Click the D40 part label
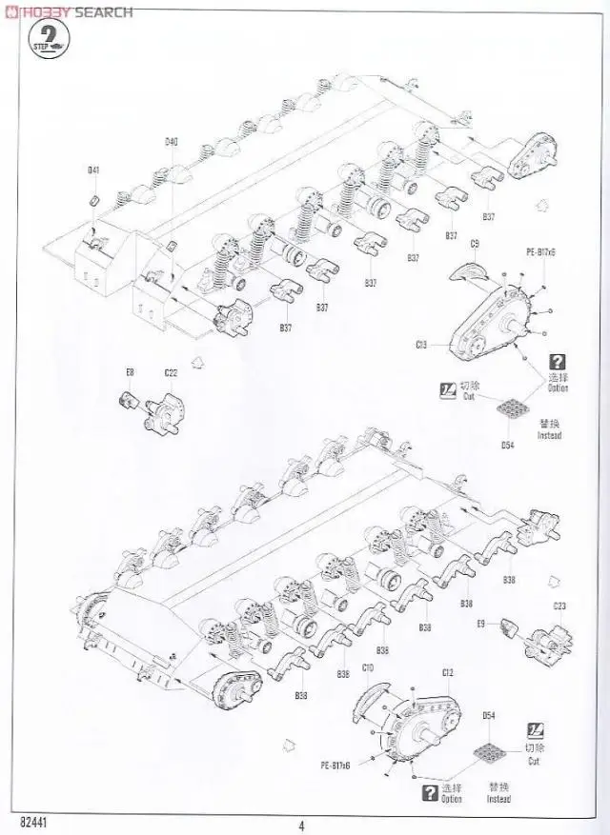pos(172,142)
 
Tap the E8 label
pos(131,372)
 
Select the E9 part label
pos(481,624)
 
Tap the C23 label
pos(559,606)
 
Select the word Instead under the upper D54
pos(549,435)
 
